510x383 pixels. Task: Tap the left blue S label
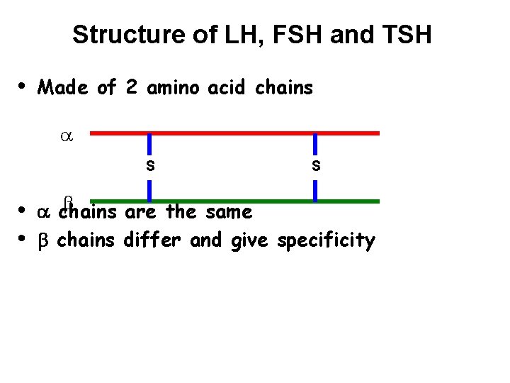149,167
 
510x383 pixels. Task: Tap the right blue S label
316,167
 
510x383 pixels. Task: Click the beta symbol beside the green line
69,201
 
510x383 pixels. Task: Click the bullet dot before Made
22,86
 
